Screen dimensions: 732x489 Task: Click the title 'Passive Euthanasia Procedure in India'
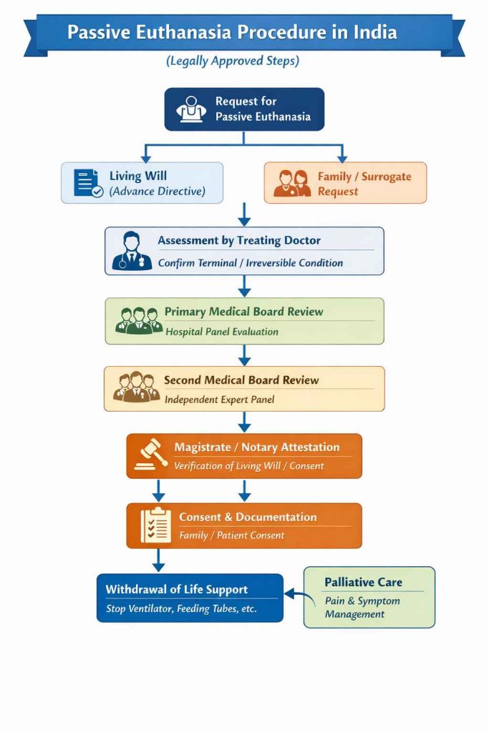pos(232,33)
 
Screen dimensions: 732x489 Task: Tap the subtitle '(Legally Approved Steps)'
pos(233,61)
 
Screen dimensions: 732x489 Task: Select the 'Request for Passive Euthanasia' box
pos(244,109)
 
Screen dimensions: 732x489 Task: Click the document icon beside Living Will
pos(88,183)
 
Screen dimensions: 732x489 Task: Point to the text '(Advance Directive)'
pos(157,191)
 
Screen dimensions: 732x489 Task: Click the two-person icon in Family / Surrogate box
pos(292,183)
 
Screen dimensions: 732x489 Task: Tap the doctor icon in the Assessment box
pos(132,251)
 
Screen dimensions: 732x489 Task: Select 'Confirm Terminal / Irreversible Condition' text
pos(250,262)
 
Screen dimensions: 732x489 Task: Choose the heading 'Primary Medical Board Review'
pos(243,312)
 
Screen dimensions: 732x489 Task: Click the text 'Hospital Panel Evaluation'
pos(222,332)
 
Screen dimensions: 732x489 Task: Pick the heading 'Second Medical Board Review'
pos(241,380)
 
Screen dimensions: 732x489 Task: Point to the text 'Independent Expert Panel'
pos(219,400)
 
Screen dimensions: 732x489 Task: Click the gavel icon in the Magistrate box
pos(148,456)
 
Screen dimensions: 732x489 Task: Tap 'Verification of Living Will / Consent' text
pos(248,465)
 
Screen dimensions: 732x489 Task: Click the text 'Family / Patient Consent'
pos(231,535)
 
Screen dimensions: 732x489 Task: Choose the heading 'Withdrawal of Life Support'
pos(176,590)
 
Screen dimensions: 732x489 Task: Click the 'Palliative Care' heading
pos(363,583)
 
